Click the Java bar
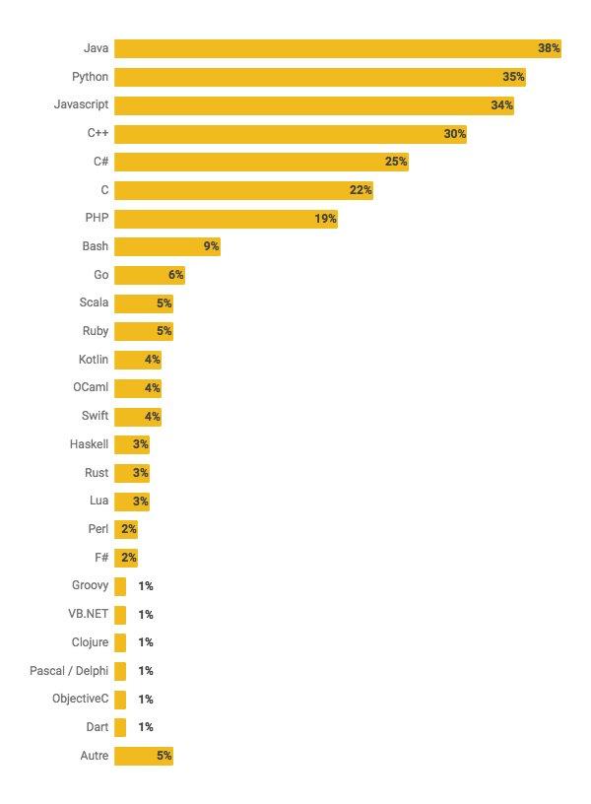pos(335,48)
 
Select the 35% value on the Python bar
pos(513,77)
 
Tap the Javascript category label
pos(81,104)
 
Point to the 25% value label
pos(396,162)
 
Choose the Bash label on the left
pos(96,246)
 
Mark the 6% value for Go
pos(176,275)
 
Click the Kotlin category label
pos(94,360)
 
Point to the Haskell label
pos(89,444)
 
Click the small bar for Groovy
pos(120,586)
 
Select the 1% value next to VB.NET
pos(146,615)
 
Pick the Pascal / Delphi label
pos(69,671)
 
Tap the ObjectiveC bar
pos(120,700)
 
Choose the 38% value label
pos(549,48)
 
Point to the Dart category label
pos(97,727)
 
